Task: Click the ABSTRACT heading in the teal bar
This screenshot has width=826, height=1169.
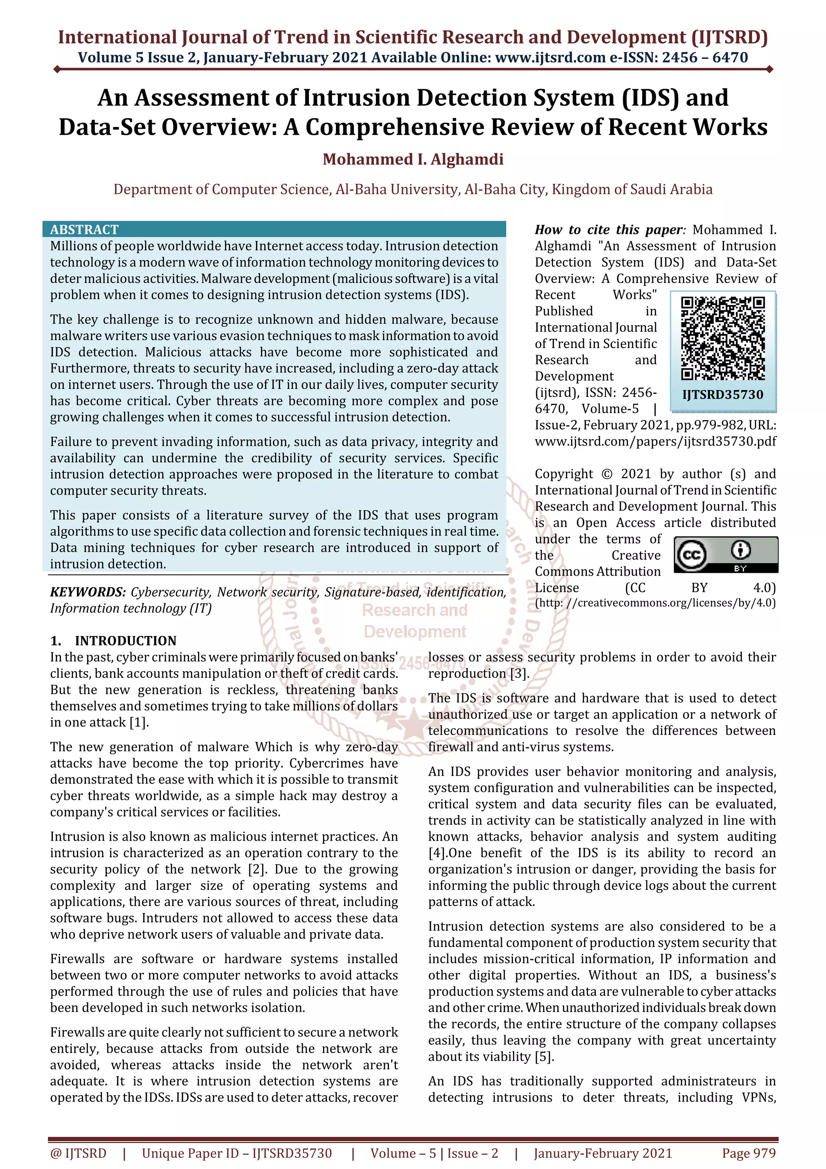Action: pos(84,230)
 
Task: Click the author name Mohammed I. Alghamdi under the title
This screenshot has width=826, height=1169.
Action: pos(413,159)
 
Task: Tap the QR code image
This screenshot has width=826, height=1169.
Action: pos(723,338)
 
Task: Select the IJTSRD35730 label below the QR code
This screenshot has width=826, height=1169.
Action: pos(723,395)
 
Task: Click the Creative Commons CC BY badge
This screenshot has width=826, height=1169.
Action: pos(726,555)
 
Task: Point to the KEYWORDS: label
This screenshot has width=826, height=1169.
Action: pos(88,592)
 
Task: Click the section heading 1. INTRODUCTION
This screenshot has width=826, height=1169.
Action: pos(113,641)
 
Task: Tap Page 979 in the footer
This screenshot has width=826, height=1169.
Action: pos(748,1153)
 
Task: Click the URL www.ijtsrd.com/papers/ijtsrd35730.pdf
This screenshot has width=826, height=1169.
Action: pos(655,441)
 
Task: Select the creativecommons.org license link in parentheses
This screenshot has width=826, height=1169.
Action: pos(655,603)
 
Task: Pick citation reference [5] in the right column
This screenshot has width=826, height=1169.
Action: pos(544,1056)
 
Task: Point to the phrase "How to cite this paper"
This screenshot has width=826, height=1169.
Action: pos(608,230)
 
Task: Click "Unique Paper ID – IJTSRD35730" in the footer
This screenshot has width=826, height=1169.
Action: pos(237,1153)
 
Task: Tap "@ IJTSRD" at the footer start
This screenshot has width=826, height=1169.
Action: pos(78,1153)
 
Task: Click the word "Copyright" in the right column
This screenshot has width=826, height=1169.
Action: pos(563,474)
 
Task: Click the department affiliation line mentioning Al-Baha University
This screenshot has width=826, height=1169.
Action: pos(413,190)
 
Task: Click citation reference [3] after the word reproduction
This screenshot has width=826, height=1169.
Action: pos(519,674)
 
